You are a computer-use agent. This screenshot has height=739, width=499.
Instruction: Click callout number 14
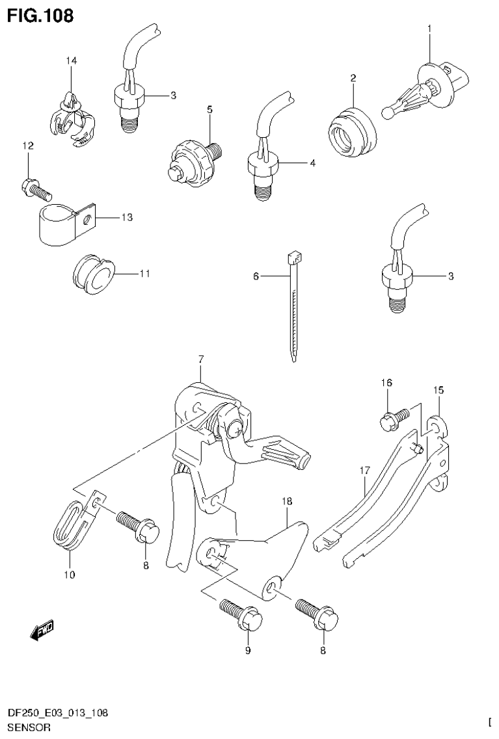click(x=71, y=61)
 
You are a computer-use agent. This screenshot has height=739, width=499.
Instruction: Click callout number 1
click(x=429, y=28)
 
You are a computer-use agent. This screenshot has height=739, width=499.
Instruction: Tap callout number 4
click(x=312, y=163)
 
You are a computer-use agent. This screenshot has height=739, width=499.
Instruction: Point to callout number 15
click(x=438, y=390)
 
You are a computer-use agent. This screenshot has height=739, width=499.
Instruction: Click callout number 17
click(x=364, y=470)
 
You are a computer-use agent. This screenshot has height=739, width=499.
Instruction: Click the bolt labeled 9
click(x=243, y=613)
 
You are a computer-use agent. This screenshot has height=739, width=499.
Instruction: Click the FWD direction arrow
click(x=42, y=629)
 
